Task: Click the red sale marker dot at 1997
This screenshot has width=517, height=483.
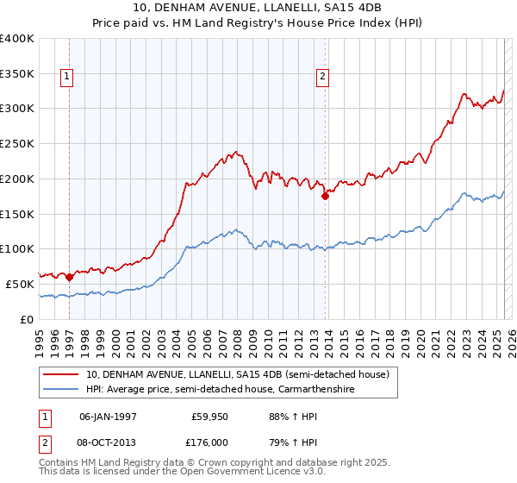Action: (x=69, y=277)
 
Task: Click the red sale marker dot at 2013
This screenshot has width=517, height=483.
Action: (x=325, y=196)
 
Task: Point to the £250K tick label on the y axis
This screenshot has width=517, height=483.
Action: (x=16, y=144)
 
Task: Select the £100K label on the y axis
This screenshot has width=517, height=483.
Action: (x=16, y=249)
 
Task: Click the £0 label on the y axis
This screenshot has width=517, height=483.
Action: (x=26, y=319)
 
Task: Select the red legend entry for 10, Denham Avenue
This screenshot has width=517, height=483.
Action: (x=238, y=375)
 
